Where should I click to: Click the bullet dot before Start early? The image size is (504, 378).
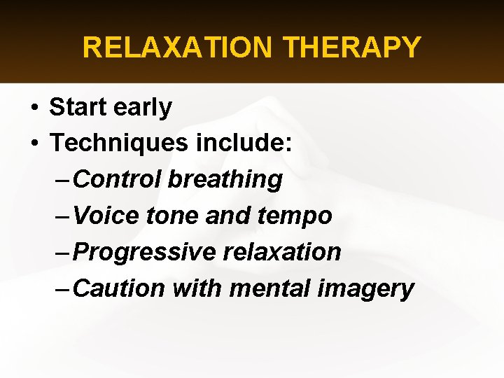point(34,108)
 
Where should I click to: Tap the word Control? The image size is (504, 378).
point(117,179)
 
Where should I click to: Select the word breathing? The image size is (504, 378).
point(225,180)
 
